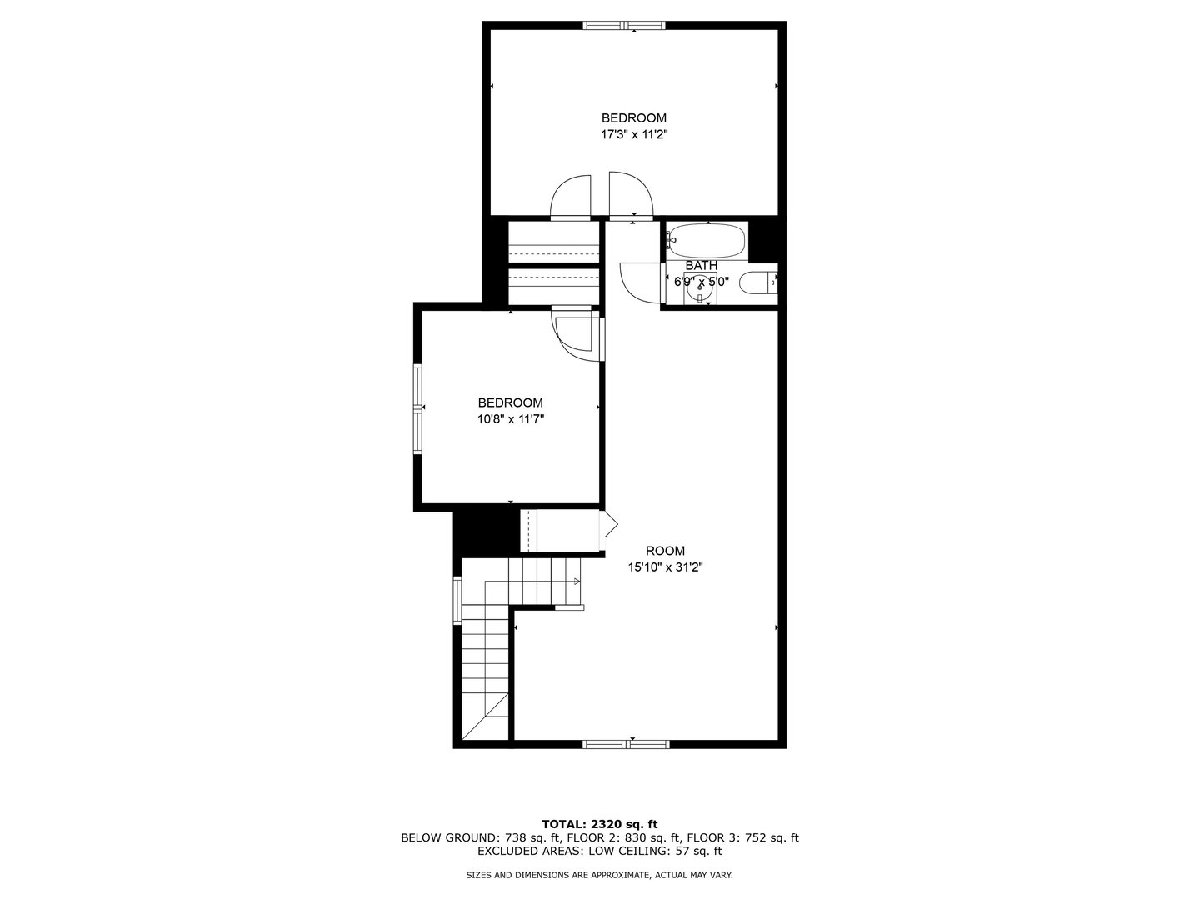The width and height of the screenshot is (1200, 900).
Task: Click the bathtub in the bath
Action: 706,241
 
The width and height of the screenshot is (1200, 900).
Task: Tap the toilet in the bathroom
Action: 758,282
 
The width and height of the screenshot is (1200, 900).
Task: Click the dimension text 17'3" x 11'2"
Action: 634,134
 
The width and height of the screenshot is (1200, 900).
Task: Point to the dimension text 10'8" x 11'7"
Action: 511,419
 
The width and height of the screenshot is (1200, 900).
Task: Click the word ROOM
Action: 665,551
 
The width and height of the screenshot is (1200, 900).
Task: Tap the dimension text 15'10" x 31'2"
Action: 665,567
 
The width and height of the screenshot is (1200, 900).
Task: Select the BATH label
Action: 702,266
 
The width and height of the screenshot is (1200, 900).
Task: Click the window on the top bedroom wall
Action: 624,25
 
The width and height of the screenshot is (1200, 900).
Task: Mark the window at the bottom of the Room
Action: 626,743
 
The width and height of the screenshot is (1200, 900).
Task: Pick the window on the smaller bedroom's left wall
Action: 418,408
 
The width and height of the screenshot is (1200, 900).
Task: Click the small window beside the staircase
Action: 457,601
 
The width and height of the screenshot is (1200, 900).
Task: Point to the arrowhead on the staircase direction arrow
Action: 577,582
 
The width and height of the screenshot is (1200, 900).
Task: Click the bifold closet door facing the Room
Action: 608,530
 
